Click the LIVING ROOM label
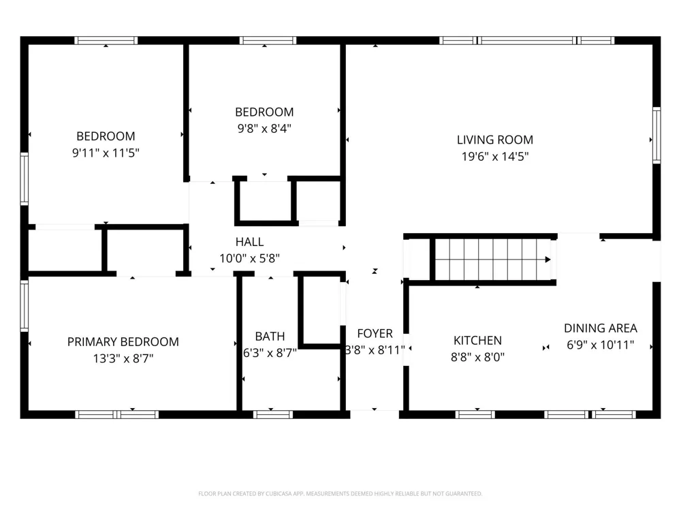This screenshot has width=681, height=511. click(494, 140)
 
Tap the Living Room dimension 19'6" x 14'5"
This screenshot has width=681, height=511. click(494, 157)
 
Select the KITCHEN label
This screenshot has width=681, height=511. click(477, 341)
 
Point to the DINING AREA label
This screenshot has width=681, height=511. click(600, 328)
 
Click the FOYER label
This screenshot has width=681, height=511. click(375, 334)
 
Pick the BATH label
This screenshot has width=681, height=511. click(270, 337)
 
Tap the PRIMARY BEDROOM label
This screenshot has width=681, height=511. click(123, 342)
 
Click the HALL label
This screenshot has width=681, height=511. click(249, 242)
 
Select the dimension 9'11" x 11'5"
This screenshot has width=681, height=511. click(106, 153)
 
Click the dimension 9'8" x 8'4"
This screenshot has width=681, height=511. click(264, 129)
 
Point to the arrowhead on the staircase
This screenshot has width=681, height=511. click(548, 260)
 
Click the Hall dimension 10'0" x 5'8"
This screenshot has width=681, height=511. click(249, 258)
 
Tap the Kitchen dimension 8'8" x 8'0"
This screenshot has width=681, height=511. click(477, 357)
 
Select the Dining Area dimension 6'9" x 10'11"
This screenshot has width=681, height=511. click(600, 345)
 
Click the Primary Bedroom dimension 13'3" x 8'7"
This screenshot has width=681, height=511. click(123, 358)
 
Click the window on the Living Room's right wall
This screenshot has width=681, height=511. click(656, 135)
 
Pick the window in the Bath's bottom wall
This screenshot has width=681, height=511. click(273, 414)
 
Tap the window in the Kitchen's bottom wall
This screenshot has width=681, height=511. click(475, 414)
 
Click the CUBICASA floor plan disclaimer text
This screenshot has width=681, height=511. click(340, 493)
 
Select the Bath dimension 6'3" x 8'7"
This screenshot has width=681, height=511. click(270, 353)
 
